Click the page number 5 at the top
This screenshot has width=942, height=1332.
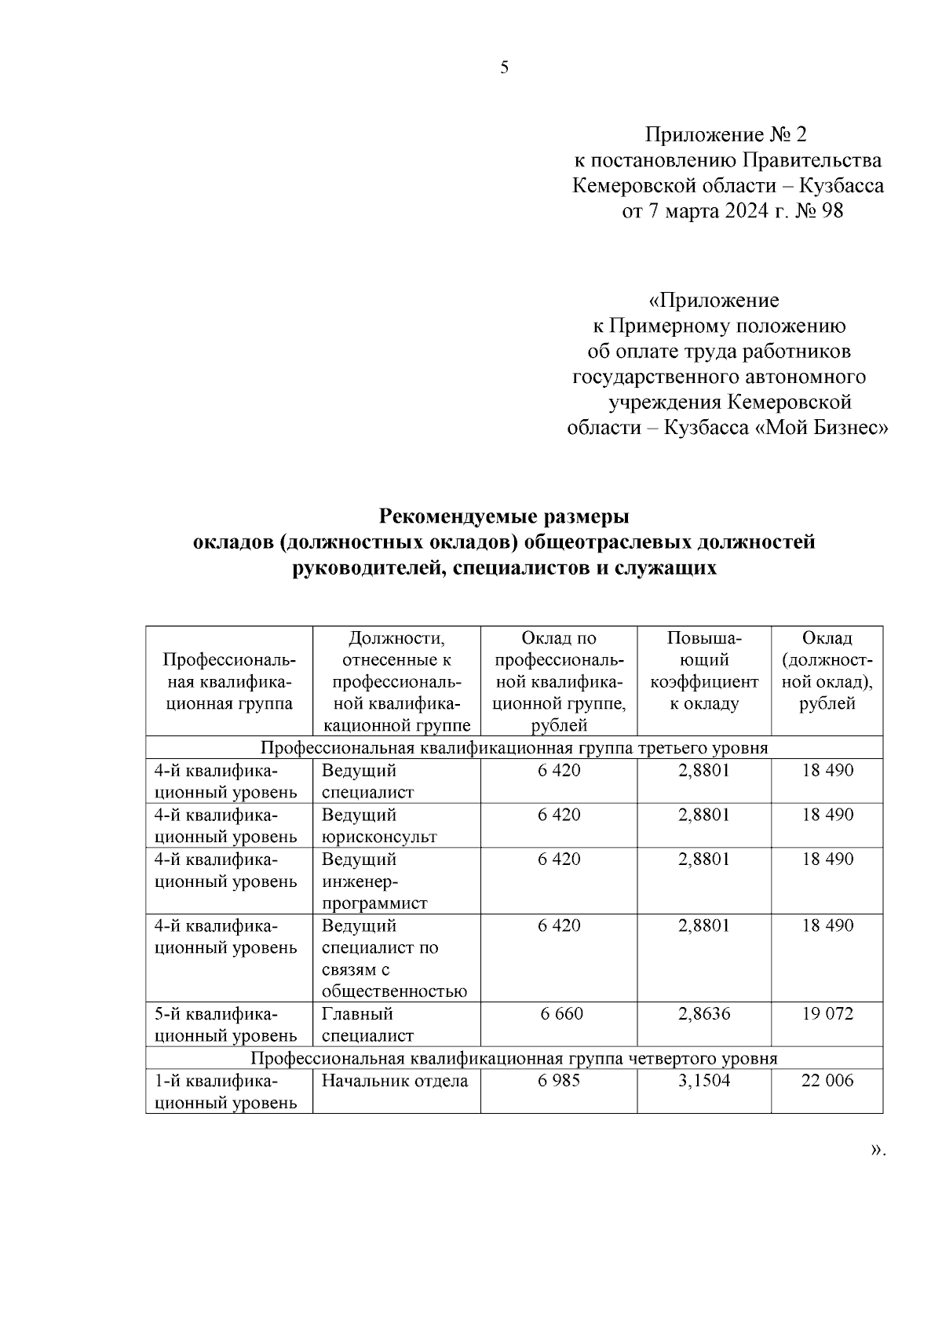(x=505, y=68)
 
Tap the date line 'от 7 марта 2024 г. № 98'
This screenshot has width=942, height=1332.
(x=732, y=211)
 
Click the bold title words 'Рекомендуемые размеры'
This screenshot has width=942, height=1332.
(x=505, y=516)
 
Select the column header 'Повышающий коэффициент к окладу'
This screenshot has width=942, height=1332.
(x=704, y=670)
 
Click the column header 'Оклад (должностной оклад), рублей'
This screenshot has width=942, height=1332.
(x=827, y=670)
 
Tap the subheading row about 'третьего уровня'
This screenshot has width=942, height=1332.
(x=514, y=747)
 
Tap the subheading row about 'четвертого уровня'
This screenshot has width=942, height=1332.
(x=514, y=1058)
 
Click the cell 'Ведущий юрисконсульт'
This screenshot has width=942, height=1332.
(x=379, y=825)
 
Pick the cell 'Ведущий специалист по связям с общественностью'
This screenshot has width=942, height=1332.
(x=394, y=958)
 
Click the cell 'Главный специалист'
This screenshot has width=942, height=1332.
(x=367, y=1024)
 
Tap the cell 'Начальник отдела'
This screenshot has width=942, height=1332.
(x=395, y=1081)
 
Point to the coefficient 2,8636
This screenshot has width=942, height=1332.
(x=704, y=1014)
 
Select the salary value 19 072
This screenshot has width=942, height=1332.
(x=827, y=1014)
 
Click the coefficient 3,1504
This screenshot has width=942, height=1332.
(x=704, y=1081)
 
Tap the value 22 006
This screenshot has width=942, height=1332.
(x=827, y=1081)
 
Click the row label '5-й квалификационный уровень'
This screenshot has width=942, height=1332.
(x=225, y=1024)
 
